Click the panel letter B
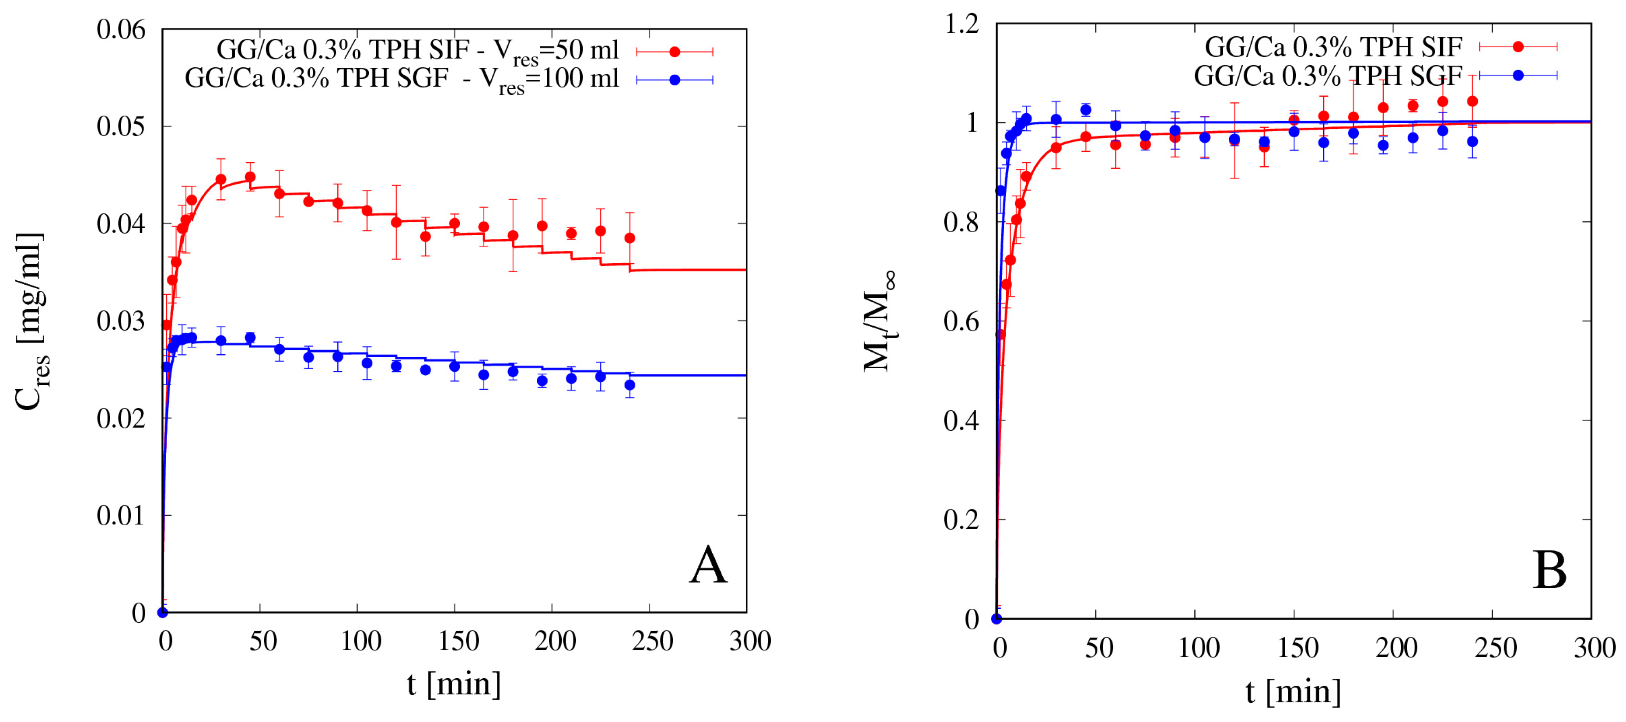click(x=1549, y=571)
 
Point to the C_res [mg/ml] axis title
click(x=31, y=322)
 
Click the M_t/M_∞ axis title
click(x=879, y=322)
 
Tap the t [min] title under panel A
click(x=454, y=684)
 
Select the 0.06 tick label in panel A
click(x=121, y=30)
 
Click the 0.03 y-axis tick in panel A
click(x=121, y=321)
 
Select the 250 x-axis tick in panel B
click(x=1495, y=648)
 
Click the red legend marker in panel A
click(x=675, y=52)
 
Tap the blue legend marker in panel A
click(x=675, y=80)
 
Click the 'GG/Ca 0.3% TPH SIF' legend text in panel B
click(x=1333, y=47)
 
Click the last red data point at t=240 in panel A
click(x=629, y=238)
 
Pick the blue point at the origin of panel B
click(x=997, y=618)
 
